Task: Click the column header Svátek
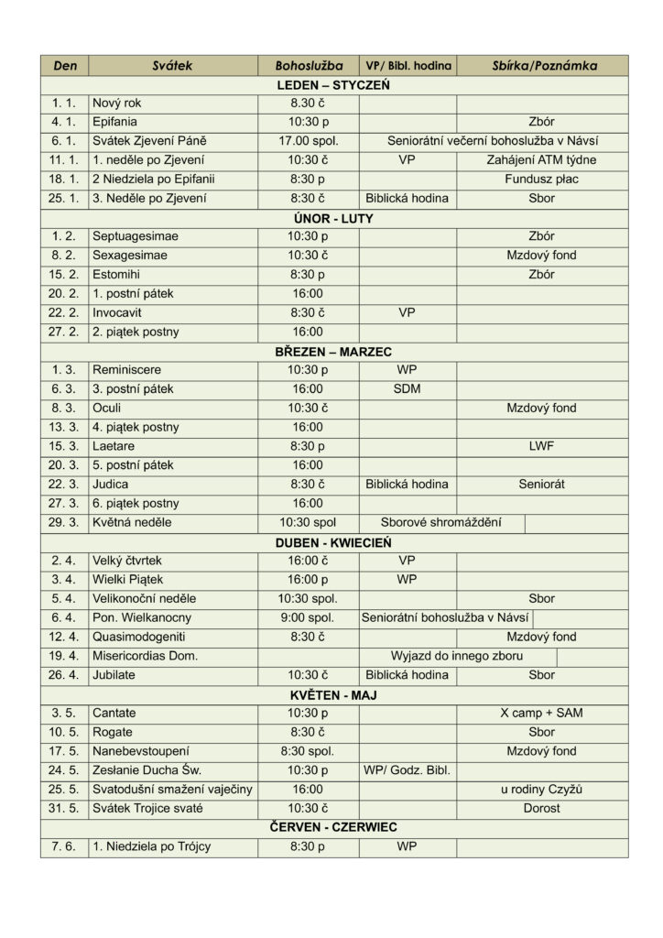click(173, 66)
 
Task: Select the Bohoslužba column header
click(308, 66)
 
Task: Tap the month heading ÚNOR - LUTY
click(333, 218)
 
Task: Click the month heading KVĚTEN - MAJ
click(333, 695)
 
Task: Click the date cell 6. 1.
click(64, 141)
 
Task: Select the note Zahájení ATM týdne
click(541, 160)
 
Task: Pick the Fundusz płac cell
click(541, 180)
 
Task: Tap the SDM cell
click(407, 389)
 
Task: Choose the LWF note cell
click(541, 446)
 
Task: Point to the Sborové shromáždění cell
click(443, 523)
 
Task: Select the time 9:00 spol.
click(308, 618)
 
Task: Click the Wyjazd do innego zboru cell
click(458, 657)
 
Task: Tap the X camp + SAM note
click(541, 714)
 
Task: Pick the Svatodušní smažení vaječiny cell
click(172, 790)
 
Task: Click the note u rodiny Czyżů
click(541, 790)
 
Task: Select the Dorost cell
click(541, 809)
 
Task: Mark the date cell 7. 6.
click(64, 847)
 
